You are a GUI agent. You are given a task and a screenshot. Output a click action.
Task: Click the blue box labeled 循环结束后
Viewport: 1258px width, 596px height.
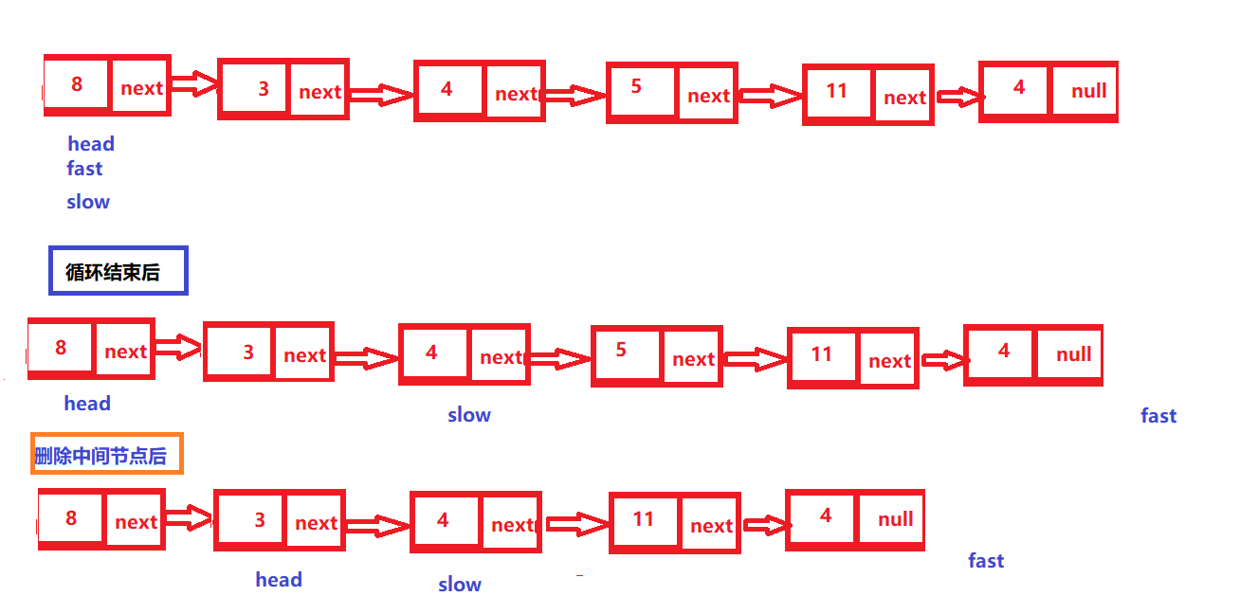coord(119,271)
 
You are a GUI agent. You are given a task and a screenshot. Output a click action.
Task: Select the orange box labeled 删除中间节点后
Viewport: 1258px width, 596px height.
coord(106,455)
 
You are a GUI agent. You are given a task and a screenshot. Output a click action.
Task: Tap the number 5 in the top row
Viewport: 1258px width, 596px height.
coord(636,87)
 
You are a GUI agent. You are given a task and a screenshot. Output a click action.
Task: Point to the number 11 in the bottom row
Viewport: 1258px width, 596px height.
coord(644,519)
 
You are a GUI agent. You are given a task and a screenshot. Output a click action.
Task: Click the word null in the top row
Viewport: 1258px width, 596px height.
coord(1088,91)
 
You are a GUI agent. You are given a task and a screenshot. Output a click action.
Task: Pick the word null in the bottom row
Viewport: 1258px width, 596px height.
coord(895,519)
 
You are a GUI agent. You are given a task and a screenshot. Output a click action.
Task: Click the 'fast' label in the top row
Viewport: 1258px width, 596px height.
coord(84,169)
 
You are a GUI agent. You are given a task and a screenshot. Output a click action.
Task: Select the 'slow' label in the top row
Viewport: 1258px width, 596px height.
coord(88,202)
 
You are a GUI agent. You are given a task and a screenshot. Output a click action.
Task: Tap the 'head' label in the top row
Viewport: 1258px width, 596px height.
coord(91,144)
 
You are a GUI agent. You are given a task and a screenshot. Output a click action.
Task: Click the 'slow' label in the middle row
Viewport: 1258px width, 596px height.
coord(469,415)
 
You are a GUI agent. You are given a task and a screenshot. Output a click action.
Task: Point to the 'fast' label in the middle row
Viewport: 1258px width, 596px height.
coord(1158,416)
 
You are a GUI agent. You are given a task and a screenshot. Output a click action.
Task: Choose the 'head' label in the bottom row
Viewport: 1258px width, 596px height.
coord(279,580)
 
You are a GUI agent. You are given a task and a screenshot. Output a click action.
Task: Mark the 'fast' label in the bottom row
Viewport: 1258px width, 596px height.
coord(986,561)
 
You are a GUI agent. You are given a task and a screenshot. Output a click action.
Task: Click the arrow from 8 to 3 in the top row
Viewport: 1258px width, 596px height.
coord(193,86)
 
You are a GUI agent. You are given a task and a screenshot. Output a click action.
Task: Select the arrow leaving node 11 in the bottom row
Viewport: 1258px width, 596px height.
coord(764,524)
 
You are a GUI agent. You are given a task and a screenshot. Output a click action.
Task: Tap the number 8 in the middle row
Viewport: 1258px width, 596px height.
coord(61,348)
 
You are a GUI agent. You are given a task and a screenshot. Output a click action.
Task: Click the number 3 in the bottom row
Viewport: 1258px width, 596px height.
coord(260,520)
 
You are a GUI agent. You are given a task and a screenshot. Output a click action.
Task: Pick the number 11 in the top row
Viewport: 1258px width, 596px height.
coord(836,91)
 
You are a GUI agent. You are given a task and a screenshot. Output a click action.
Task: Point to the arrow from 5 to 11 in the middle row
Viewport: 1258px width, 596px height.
coord(755,359)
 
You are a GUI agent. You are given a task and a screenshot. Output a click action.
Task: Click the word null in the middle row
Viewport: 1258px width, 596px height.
coord(1073,354)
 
